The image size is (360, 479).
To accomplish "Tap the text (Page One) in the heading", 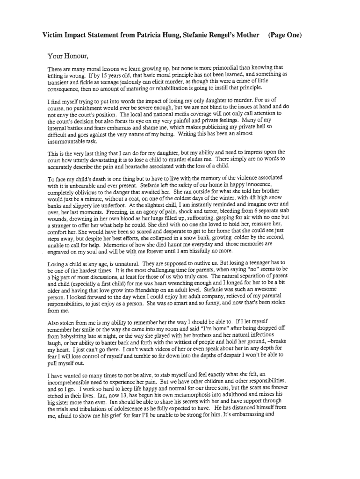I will [285, 35].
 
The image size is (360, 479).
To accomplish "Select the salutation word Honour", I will [72, 57].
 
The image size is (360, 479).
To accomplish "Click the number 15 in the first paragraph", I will [103, 74].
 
